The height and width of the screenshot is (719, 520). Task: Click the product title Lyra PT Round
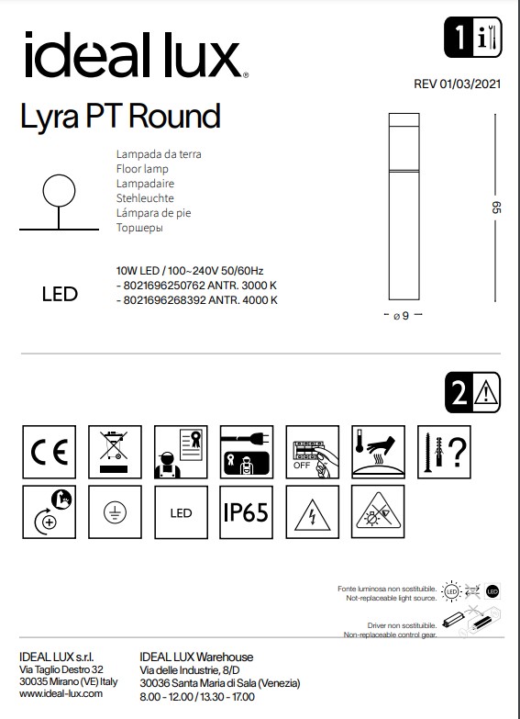[120, 117]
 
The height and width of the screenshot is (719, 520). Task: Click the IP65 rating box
[245, 511]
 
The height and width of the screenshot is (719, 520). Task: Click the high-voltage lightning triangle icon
[312, 511]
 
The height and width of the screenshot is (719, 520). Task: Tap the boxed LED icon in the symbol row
[180, 511]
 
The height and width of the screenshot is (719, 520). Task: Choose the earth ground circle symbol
[114, 511]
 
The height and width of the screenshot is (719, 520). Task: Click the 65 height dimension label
[496, 208]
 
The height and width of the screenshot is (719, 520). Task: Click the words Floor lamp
[142, 170]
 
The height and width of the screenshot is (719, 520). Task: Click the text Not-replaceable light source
[390, 598]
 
